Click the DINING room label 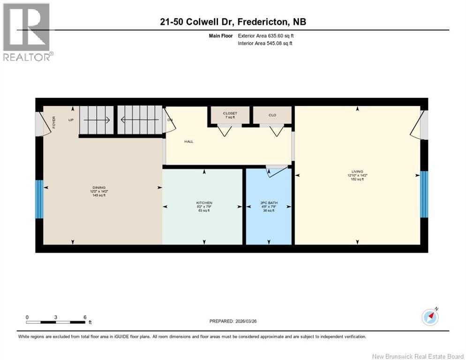(x=98, y=187)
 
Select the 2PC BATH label (x=269, y=203)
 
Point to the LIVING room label (x=357, y=172)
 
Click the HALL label (x=189, y=141)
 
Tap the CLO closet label (x=272, y=115)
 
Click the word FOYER (x=54, y=122)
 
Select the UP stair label (x=71, y=120)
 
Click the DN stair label (x=170, y=120)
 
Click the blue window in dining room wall (x=39, y=199)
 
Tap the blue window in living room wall (x=424, y=194)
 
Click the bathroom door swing (x=276, y=172)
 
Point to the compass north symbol (x=430, y=317)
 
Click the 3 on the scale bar (x=55, y=317)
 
